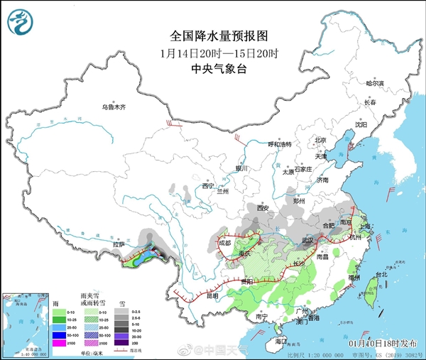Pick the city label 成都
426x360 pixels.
coord(225,242)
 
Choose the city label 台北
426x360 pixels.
coord(381,274)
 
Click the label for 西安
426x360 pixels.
coord(263,208)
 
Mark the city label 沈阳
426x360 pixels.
coord(362,124)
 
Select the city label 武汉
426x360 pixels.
coord(307,240)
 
